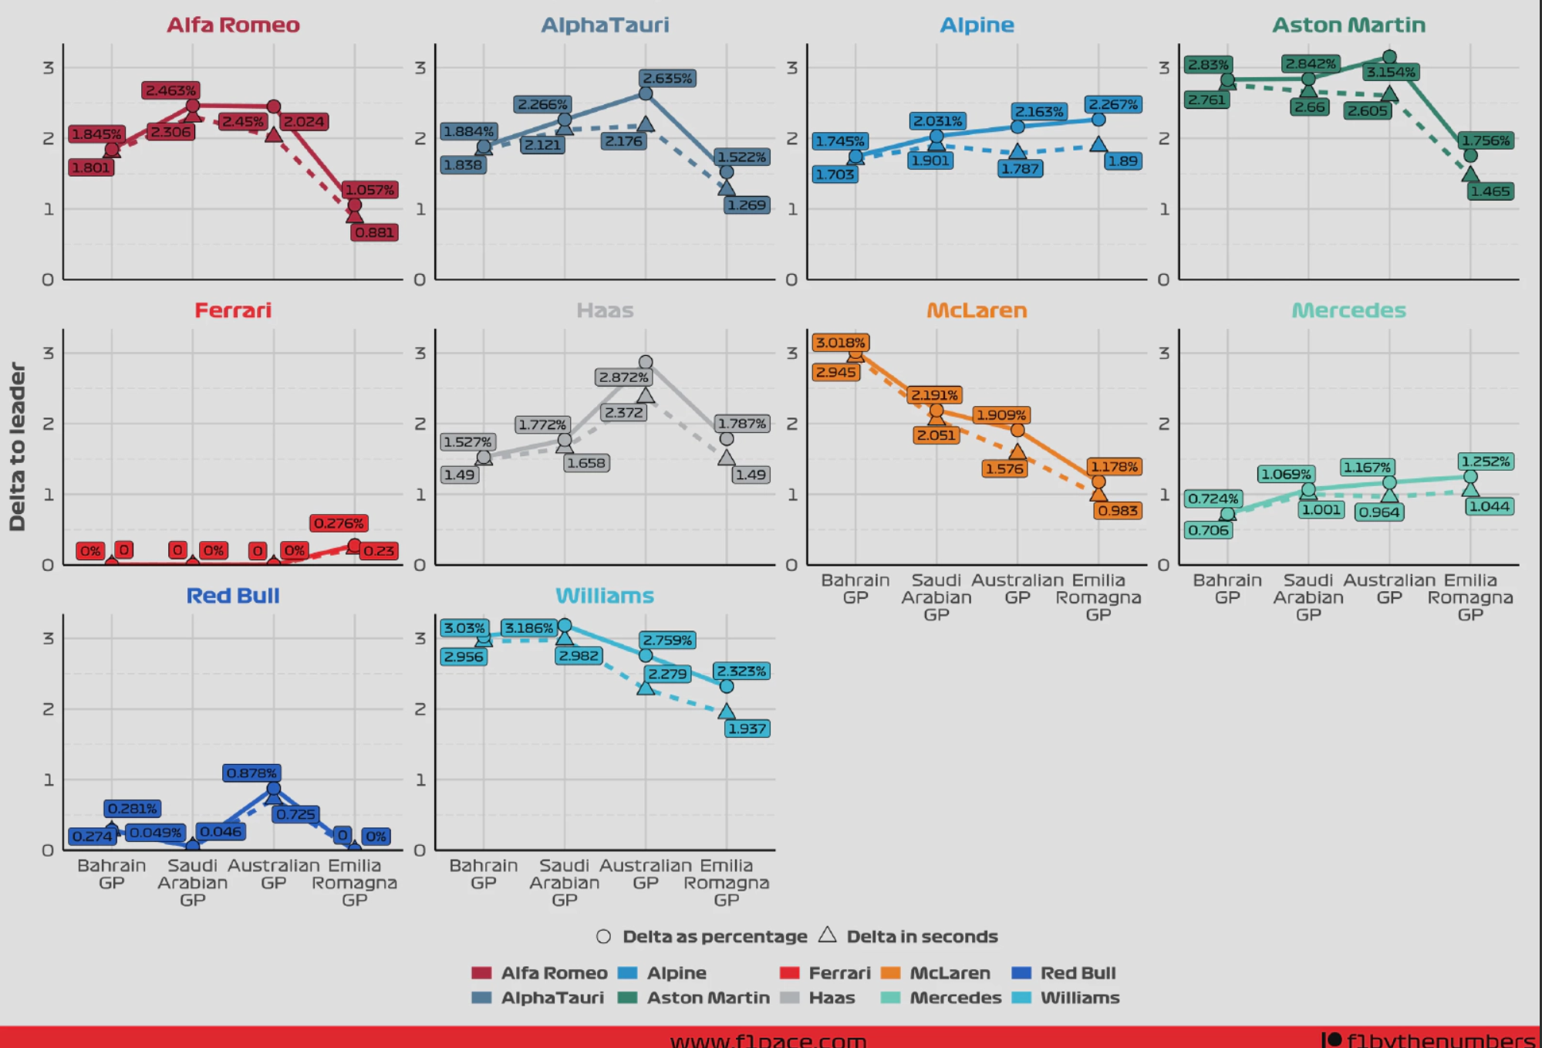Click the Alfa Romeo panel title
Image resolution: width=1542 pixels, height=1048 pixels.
click(233, 25)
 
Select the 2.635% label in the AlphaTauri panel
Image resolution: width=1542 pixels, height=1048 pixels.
click(667, 78)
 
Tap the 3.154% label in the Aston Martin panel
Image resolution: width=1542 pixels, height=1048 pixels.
click(1390, 73)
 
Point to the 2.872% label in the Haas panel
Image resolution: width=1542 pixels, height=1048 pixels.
click(623, 377)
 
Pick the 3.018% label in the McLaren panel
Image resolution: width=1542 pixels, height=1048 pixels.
click(840, 342)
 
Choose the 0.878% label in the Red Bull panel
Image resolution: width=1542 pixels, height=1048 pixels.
click(251, 772)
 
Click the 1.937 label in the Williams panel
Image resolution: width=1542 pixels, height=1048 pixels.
click(747, 729)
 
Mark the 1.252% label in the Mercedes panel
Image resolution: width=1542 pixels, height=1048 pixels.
click(1485, 461)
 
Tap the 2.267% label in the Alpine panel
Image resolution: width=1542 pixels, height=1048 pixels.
click(1112, 104)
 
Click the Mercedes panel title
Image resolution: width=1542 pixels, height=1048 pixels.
click(1348, 310)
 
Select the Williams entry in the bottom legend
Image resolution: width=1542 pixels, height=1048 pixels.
click(1079, 998)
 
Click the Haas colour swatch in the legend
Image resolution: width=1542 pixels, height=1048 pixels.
click(789, 998)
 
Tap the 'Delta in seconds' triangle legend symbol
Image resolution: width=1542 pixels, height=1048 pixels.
click(827, 935)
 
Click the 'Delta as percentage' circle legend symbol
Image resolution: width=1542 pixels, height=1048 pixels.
click(603, 936)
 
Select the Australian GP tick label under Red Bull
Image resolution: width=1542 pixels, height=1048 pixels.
click(273, 874)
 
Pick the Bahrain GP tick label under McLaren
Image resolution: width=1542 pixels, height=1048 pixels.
click(855, 588)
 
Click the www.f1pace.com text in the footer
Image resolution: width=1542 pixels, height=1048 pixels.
click(768, 1040)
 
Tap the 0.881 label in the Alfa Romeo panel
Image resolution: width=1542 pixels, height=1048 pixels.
click(374, 232)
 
